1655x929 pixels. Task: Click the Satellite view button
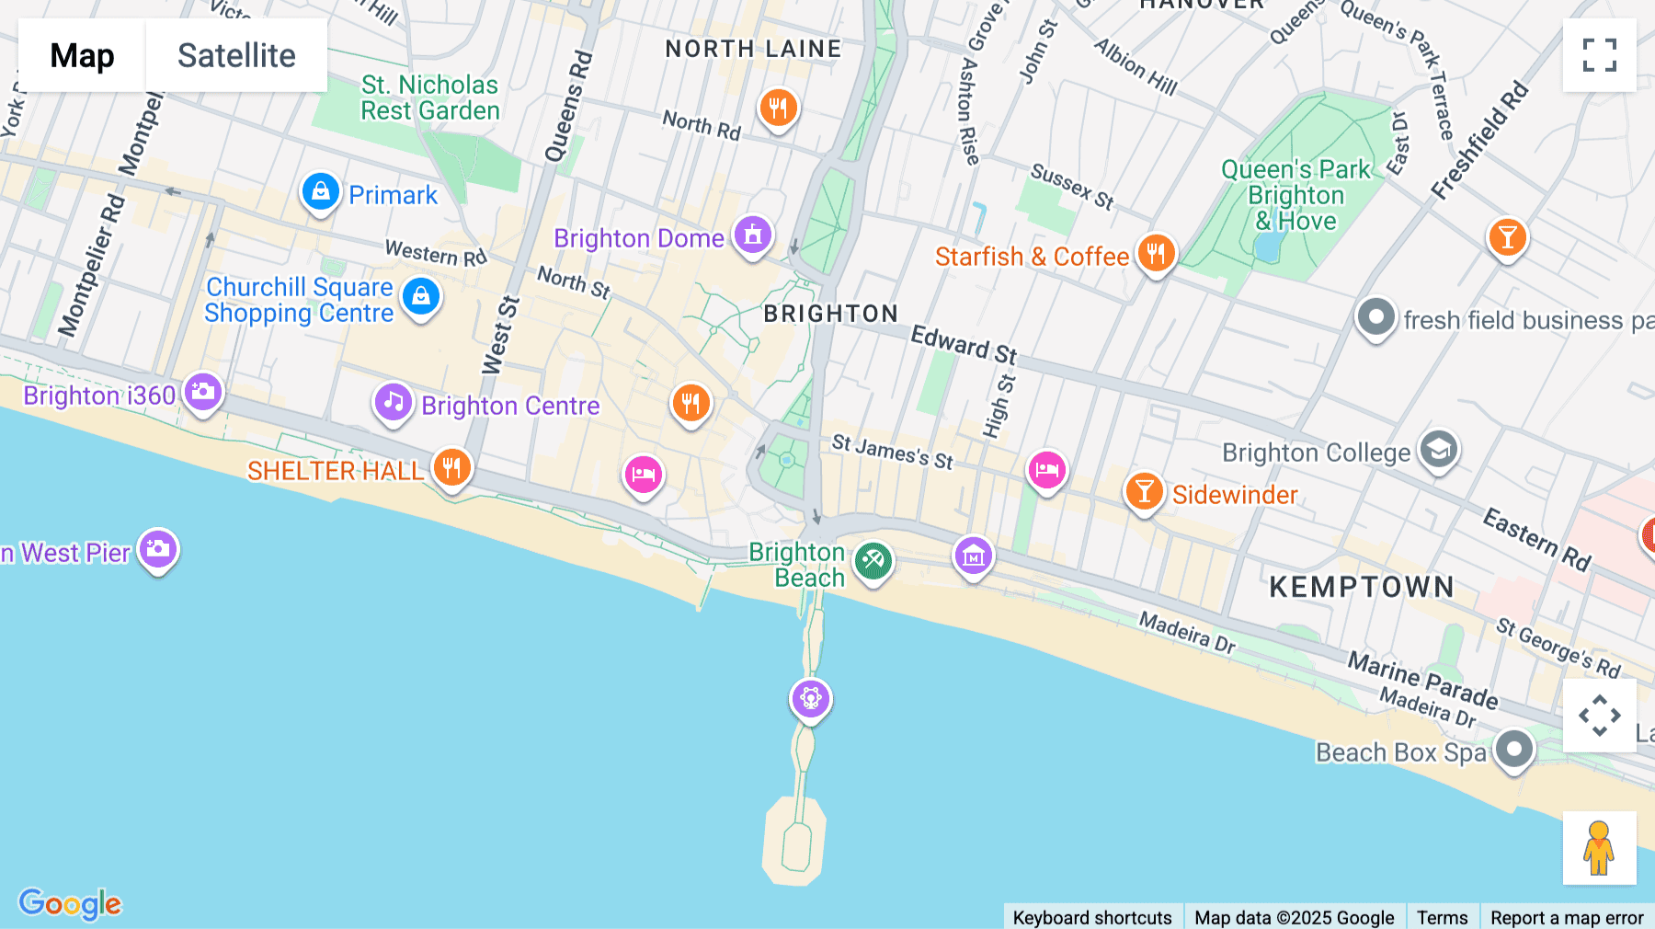click(236, 55)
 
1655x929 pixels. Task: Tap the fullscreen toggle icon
click(1599, 55)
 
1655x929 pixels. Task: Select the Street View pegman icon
click(1599, 847)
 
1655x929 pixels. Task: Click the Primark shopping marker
click(320, 192)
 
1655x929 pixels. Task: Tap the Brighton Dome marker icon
click(752, 235)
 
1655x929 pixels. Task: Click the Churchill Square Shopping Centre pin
click(421, 297)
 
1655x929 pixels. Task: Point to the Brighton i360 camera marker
click(202, 393)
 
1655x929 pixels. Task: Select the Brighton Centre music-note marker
click(393, 403)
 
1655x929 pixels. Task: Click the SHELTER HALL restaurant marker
click(451, 468)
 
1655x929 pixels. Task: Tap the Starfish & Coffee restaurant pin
click(1156, 253)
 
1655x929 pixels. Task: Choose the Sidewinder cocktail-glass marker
click(1144, 492)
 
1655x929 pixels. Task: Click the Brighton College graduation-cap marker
click(1438, 450)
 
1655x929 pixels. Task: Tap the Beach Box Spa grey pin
click(1513, 750)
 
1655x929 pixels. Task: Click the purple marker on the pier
click(810, 699)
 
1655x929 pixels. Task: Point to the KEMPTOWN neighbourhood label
click(1362, 587)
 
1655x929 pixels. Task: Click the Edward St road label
click(964, 345)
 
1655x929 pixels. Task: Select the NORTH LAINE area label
click(753, 49)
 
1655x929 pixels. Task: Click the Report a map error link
click(1567, 917)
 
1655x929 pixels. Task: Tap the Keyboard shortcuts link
click(1091, 917)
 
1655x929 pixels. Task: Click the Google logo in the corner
click(70, 903)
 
